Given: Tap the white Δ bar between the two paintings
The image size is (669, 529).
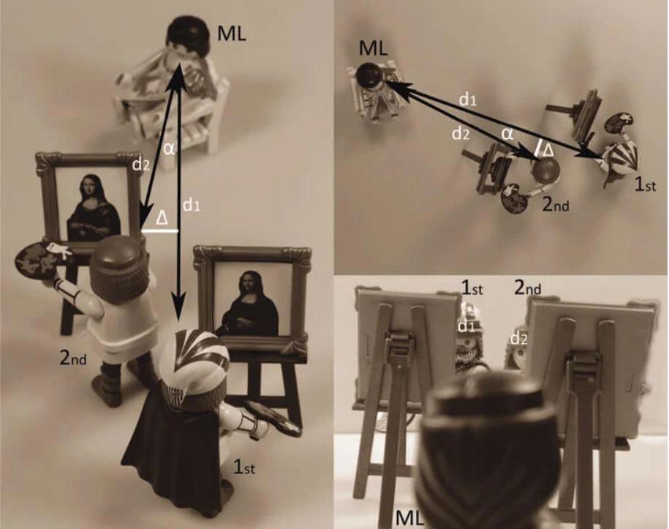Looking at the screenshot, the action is click(x=159, y=230).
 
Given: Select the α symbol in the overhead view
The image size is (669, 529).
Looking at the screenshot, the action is click(x=507, y=134).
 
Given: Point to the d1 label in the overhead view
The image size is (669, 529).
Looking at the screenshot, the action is click(x=468, y=100).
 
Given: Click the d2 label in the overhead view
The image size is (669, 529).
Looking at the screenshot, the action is click(x=461, y=134).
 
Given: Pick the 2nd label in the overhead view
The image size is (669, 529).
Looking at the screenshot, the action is click(x=556, y=205).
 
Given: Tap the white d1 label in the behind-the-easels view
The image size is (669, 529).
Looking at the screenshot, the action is click(x=466, y=326).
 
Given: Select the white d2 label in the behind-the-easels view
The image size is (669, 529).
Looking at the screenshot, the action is click(x=519, y=339).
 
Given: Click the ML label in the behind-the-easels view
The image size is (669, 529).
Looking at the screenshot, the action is click(x=410, y=518).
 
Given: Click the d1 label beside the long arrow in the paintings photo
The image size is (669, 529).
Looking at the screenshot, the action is click(x=192, y=206).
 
